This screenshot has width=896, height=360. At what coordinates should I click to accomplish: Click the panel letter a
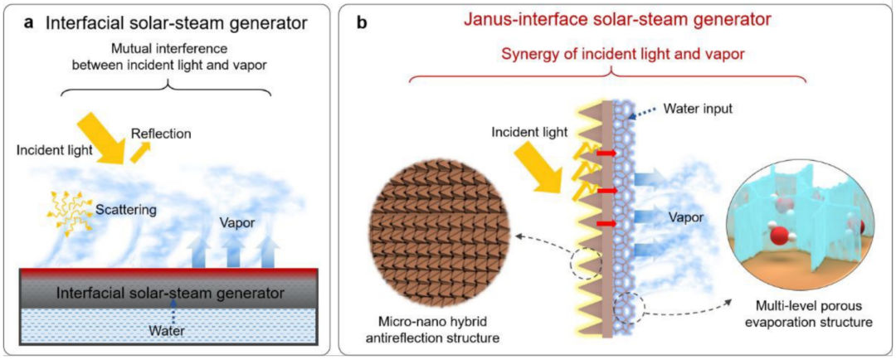point(30,22)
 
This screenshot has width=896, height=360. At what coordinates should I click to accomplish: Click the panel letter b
point(362,22)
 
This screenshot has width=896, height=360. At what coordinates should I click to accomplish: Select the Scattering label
point(126,211)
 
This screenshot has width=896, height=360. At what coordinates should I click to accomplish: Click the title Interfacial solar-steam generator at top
point(169,23)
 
